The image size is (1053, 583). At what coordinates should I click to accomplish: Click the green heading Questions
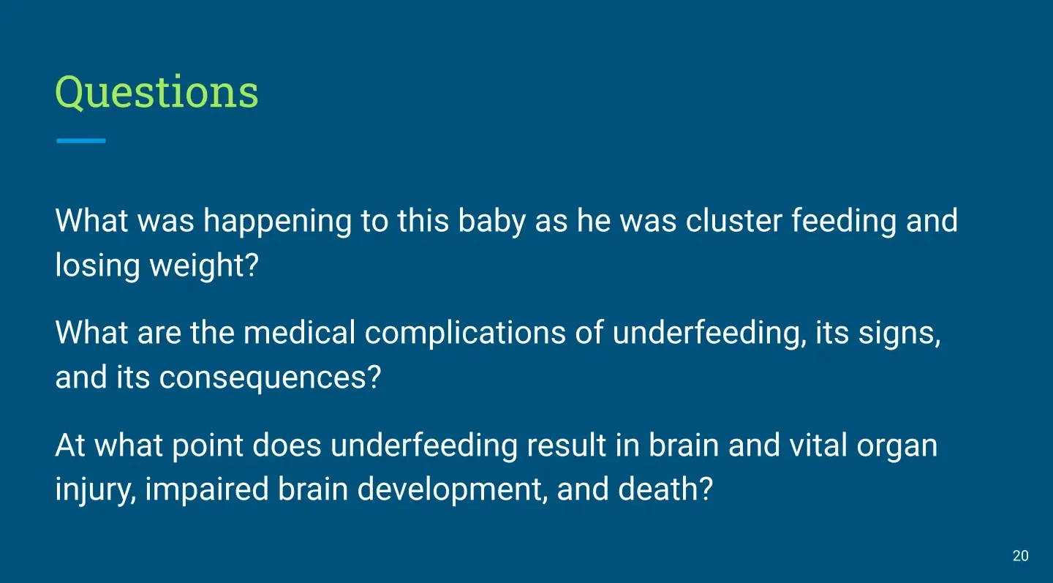(156, 92)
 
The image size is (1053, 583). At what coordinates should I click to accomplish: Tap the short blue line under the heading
(81, 140)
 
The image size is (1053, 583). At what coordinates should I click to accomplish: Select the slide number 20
(1021, 556)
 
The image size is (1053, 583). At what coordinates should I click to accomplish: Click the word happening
(277, 221)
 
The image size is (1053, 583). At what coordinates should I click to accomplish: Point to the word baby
(491, 221)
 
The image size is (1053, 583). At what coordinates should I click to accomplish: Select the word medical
(300, 332)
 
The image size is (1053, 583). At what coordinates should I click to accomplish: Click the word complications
(465, 334)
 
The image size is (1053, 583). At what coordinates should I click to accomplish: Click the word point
(208, 445)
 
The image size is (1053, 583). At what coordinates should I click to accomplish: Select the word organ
(897, 447)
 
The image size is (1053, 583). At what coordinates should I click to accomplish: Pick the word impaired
(207, 490)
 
